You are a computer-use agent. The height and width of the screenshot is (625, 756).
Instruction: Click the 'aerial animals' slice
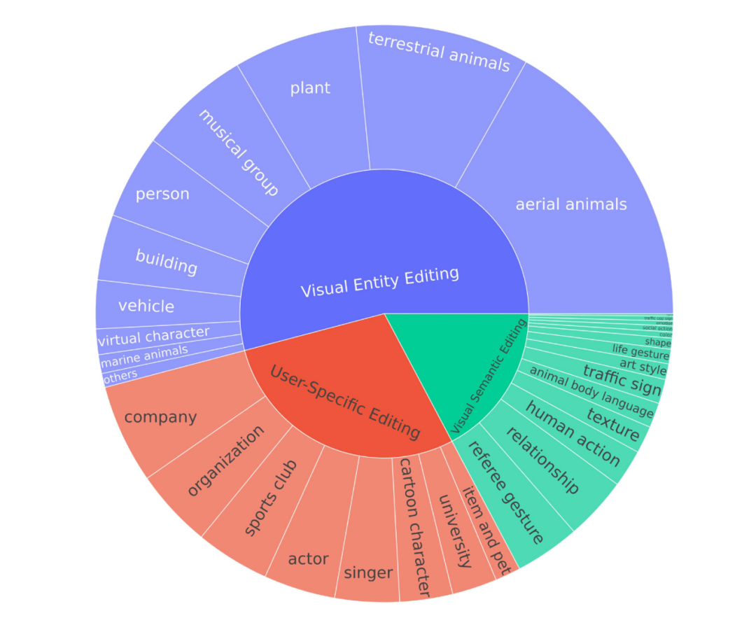tap(570, 204)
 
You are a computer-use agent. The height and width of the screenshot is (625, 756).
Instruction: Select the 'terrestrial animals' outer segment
tap(439, 53)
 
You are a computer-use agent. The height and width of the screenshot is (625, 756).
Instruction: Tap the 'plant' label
tap(310, 88)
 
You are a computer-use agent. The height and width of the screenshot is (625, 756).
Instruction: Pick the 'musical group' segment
tap(239, 152)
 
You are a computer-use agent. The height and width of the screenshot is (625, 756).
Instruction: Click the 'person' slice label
tap(162, 194)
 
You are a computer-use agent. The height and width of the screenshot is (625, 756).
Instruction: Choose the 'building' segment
tap(167, 262)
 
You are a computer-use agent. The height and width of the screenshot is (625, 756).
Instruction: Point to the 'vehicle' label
tap(146, 306)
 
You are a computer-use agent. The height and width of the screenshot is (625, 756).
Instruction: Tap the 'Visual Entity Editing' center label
tap(380, 281)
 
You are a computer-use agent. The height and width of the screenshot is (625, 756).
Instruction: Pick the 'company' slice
tap(160, 418)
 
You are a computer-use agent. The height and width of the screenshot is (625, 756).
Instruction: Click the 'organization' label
tap(225, 461)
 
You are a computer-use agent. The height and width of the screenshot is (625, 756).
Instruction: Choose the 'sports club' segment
tap(271, 498)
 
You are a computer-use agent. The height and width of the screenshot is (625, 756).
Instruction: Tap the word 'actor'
tap(308, 559)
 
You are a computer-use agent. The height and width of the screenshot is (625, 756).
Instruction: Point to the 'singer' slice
tap(368, 573)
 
